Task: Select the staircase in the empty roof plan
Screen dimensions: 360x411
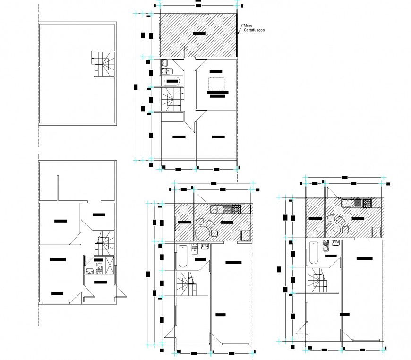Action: [103, 64]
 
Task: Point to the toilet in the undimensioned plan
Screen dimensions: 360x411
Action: [99, 270]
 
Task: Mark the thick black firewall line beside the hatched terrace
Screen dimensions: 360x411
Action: [237, 36]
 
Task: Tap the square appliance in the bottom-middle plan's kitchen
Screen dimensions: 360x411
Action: [246, 235]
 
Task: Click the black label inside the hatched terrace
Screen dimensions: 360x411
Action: [199, 34]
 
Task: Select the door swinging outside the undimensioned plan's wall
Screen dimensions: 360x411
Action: [120, 291]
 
